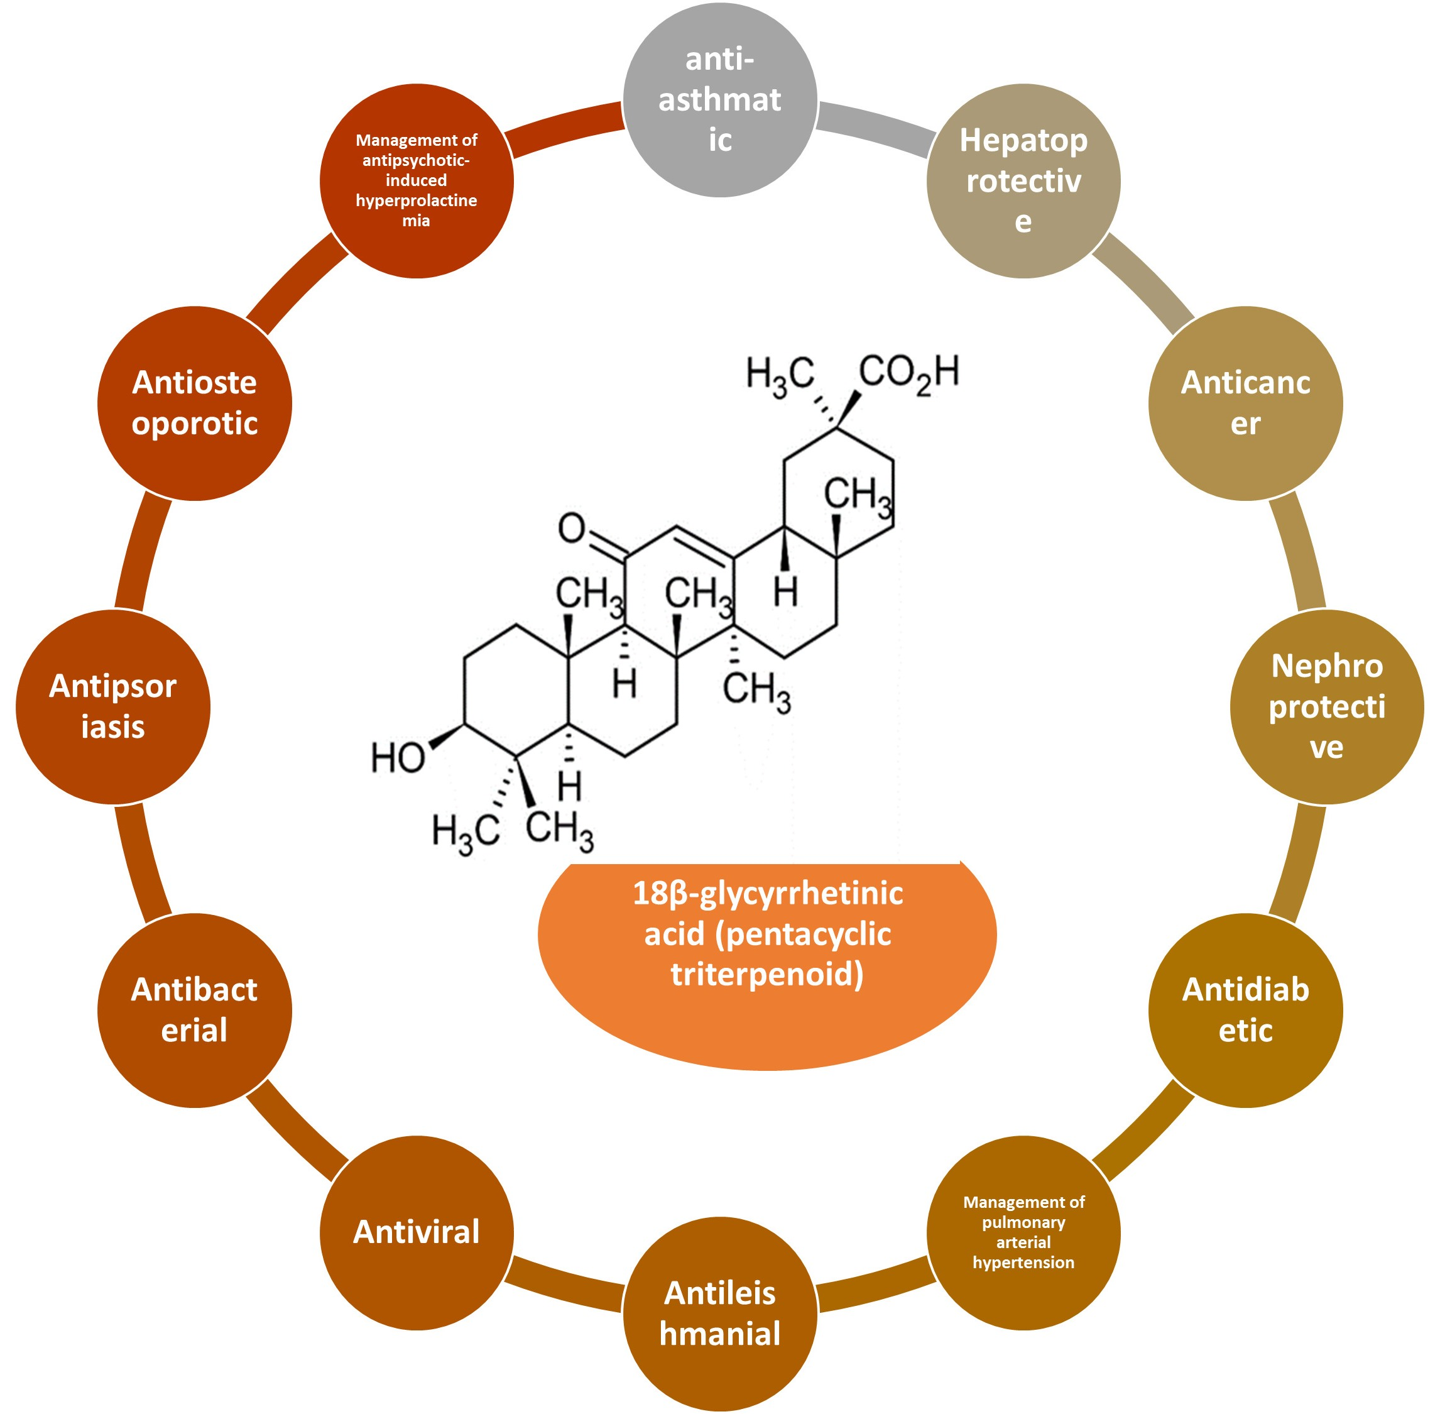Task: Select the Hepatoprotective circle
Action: [1023, 180]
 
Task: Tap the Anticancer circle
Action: [1245, 403]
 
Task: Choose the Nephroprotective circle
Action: [1326, 706]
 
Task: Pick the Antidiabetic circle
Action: [1245, 1010]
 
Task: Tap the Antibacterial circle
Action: [195, 1010]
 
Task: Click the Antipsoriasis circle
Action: [113, 706]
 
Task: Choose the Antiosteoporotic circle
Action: [195, 403]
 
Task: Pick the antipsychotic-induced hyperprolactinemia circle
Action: [417, 180]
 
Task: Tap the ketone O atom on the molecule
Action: [572, 529]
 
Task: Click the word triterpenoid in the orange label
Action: [767, 973]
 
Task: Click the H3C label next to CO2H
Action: [780, 376]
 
